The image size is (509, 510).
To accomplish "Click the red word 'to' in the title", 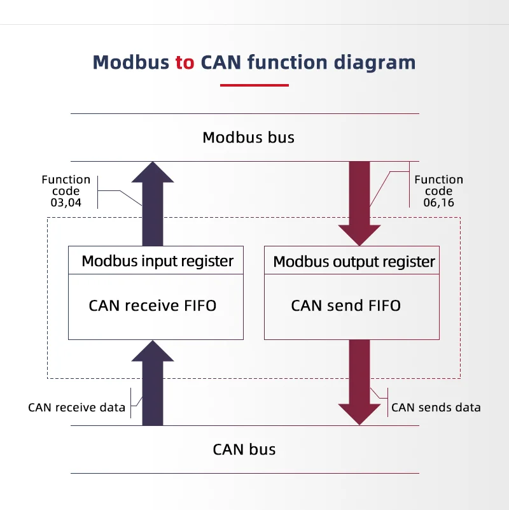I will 185,62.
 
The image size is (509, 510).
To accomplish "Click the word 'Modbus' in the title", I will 131,62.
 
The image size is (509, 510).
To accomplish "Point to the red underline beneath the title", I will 254,85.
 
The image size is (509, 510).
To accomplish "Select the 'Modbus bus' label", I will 248,138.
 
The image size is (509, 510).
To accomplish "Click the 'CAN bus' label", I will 244,450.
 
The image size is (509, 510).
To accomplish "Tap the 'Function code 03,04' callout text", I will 66,191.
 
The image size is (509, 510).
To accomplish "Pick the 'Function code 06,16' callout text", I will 438,191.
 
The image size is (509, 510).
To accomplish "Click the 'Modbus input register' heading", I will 157,260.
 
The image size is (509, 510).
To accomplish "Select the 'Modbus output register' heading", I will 354,261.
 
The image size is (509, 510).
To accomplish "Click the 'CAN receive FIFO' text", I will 153,306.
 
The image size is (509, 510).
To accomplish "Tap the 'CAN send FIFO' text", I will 345,306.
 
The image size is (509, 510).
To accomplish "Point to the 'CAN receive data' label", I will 76,407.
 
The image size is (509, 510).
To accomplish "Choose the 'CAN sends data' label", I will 436,407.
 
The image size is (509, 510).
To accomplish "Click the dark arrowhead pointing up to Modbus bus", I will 153,173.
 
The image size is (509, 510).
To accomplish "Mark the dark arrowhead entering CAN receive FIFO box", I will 153,351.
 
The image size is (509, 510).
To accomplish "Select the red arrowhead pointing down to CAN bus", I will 359,413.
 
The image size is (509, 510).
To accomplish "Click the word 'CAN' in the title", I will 221,62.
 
